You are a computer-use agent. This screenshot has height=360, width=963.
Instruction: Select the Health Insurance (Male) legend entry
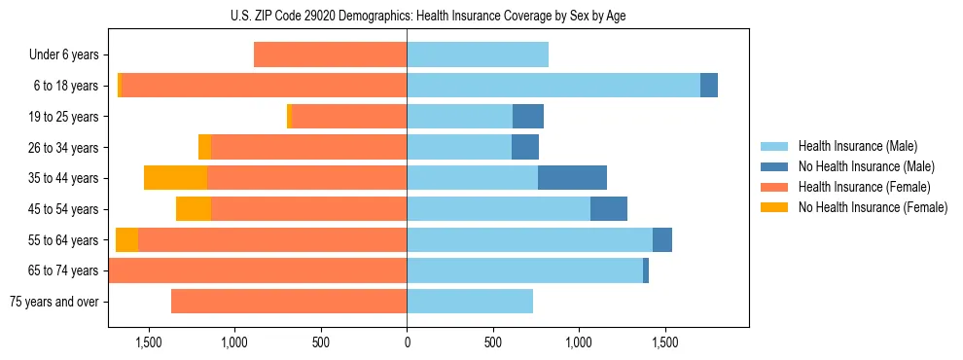[856, 146]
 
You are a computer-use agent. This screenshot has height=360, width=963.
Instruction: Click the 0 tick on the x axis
[407, 342]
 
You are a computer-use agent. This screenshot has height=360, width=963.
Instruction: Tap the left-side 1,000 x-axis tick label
[234, 342]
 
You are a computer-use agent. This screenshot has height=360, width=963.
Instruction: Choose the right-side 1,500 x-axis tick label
[664, 342]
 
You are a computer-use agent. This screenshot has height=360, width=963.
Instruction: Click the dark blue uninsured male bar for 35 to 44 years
[572, 178]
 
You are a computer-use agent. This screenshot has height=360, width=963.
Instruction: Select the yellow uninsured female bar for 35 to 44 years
[175, 178]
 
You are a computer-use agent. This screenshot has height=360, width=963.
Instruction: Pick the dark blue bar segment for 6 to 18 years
[709, 86]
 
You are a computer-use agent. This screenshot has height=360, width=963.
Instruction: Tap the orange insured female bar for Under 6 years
[330, 55]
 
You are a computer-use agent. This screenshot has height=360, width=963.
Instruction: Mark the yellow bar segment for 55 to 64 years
[126, 240]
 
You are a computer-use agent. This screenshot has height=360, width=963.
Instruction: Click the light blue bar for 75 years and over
[470, 302]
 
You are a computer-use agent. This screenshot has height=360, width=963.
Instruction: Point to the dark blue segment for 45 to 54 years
[609, 209]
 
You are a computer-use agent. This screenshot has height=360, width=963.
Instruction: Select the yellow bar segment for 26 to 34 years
[204, 147]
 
